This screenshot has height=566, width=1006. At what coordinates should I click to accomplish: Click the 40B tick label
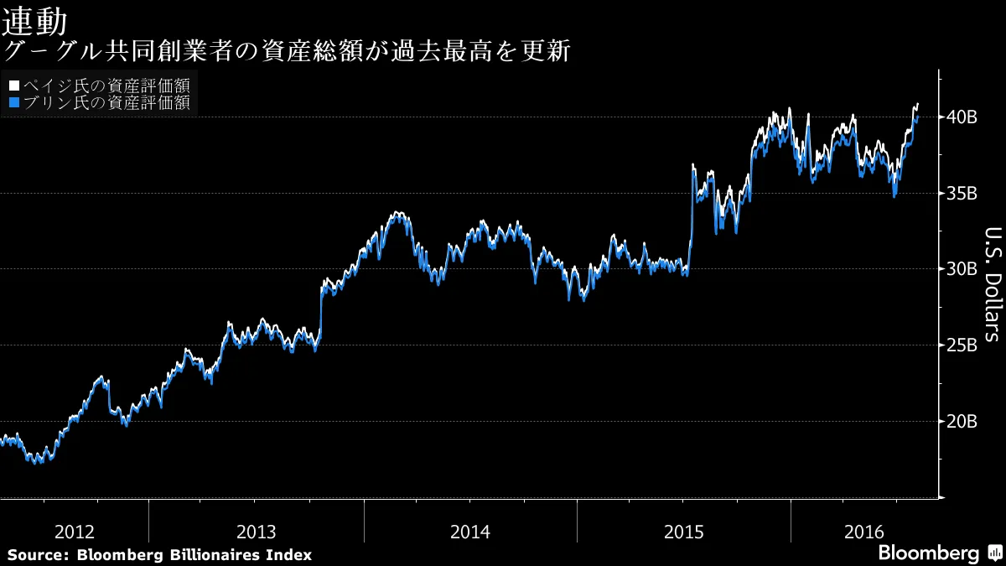point(962,117)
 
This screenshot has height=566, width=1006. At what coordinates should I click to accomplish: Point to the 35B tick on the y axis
point(962,194)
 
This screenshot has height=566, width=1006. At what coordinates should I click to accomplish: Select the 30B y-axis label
point(962,269)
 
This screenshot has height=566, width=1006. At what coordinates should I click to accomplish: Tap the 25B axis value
point(962,345)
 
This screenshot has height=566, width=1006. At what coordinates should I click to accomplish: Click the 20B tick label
point(962,421)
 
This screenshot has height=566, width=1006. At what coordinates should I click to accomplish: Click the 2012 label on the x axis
point(74,532)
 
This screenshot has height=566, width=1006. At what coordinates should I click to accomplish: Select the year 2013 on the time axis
point(257,532)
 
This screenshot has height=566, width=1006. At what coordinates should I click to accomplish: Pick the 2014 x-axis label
point(470,532)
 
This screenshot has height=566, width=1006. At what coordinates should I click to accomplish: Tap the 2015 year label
point(684,532)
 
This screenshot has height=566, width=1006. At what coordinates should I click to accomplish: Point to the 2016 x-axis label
point(864,532)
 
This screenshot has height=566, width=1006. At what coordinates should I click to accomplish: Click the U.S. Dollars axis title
point(991,284)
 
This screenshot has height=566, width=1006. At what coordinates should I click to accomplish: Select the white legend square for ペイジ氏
point(13,86)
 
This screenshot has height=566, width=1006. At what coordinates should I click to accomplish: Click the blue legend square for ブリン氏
point(13,103)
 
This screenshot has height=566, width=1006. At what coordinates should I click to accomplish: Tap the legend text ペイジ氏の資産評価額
point(106,86)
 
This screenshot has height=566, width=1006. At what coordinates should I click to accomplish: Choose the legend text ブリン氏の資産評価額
point(106,103)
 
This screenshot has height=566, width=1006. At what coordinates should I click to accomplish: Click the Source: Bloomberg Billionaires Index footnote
point(159,554)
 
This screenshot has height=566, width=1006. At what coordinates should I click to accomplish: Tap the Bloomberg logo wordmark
point(928,553)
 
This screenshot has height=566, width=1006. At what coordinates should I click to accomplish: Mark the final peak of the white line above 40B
point(917,104)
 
